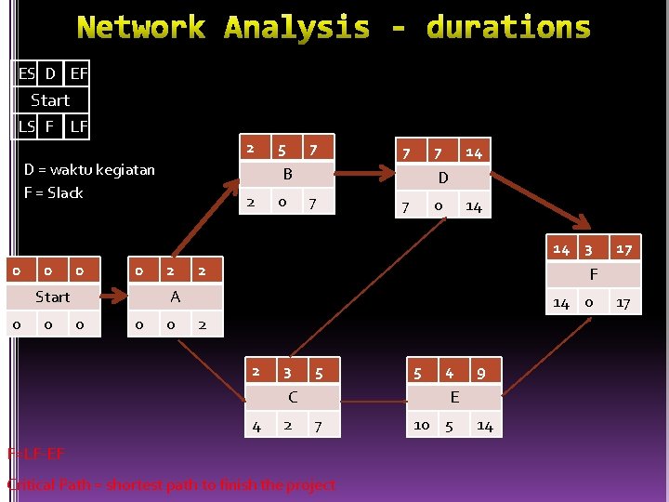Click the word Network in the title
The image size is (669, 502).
[x=141, y=27]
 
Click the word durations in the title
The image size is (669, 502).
[x=508, y=27]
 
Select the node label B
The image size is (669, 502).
[x=288, y=175]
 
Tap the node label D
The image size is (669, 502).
[x=443, y=178]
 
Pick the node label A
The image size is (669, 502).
[x=175, y=297]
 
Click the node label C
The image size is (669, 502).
[x=293, y=397]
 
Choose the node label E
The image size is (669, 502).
[x=453, y=397]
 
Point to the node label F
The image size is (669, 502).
[x=593, y=275]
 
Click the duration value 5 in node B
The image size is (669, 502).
[x=281, y=149]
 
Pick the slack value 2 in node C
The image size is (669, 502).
[x=287, y=425]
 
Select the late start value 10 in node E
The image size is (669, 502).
[x=422, y=425]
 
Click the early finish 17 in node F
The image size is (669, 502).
[x=623, y=249]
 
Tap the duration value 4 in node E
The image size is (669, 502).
[x=450, y=373]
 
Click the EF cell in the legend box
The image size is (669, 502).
[x=79, y=73]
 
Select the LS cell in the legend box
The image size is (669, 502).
[x=27, y=125]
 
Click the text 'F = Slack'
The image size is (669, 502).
[x=54, y=193]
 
